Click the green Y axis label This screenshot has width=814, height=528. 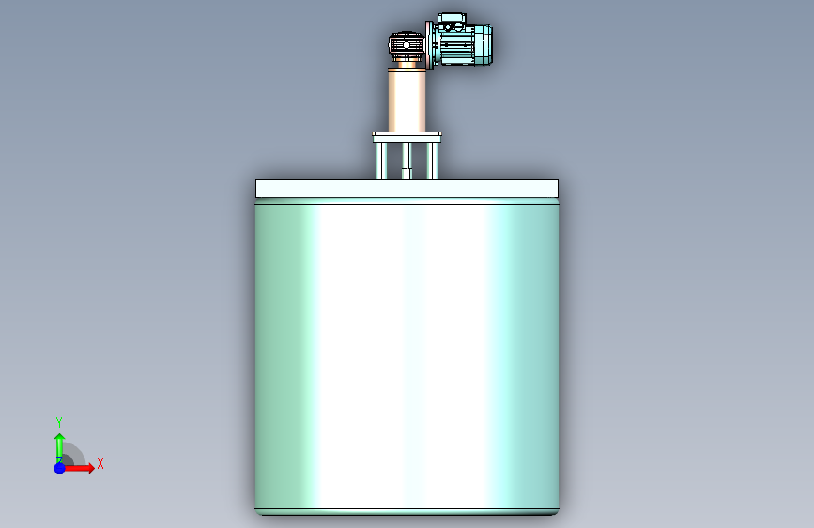click(x=59, y=422)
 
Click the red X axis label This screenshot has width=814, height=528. click(x=100, y=463)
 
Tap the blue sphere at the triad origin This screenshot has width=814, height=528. click(x=60, y=468)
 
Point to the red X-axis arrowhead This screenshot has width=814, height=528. click(x=91, y=468)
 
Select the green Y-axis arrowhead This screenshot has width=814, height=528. click(x=60, y=437)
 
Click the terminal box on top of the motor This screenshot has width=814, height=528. click(x=452, y=19)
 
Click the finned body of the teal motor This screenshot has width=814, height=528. click(x=458, y=46)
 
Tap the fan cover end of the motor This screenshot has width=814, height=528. click(x=484, y=46)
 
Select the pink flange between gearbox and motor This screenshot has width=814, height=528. click(x=429, y=45)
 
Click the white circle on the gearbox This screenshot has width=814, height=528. click(x=407, y=45)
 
